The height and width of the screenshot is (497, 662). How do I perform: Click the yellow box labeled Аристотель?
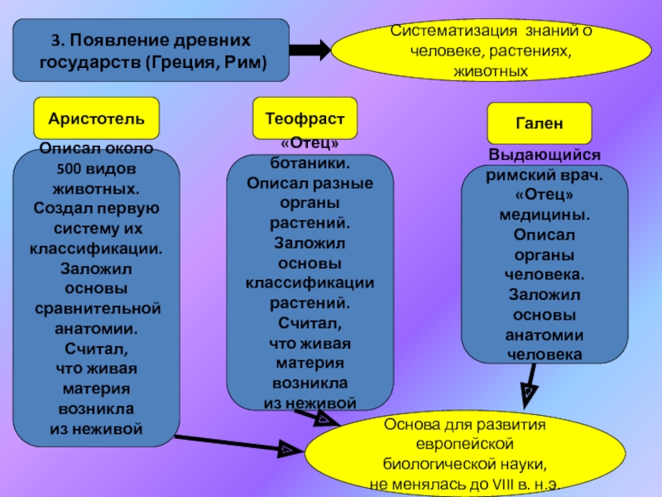(x=96, y=118)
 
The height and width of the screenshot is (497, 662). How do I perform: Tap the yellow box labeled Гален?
(x=540, y=123)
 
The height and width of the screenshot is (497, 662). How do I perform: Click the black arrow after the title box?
(x=310, y=51)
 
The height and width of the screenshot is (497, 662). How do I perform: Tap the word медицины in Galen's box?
(x=544, y=215)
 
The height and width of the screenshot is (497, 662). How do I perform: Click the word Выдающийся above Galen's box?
(x=544, y=156)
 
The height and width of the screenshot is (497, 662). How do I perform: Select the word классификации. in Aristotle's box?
(x=96, y=248)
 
